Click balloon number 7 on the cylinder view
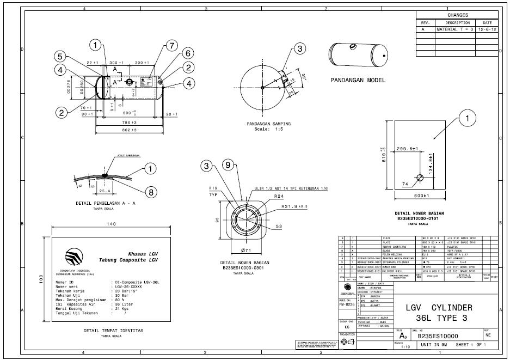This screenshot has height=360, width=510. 171,45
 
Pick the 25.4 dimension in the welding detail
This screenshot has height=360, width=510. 105,191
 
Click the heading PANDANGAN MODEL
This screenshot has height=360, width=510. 358,80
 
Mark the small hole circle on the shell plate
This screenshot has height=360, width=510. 420,178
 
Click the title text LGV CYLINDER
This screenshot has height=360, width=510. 439,308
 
